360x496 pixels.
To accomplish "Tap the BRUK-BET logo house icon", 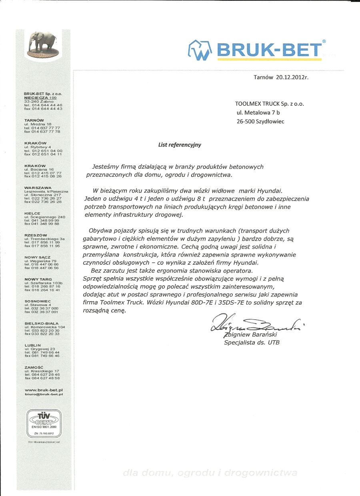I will click(x=200, y=50).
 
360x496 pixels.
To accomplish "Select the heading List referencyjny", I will click(x=180, y=145).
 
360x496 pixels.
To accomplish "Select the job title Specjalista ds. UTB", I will click(x=252, y=343).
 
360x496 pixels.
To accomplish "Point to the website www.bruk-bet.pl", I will click(x=44, y=390).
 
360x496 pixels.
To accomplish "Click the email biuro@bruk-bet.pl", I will click(x=44, y=394).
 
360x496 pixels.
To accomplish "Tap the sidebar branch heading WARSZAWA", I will click(x=38, y=187).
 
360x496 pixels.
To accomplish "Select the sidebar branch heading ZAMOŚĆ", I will click(x=34, y=367).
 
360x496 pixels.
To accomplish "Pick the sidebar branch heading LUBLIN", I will click(x=32, y=345).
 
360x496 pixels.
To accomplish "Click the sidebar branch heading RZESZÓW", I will click(x=36, y=235).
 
